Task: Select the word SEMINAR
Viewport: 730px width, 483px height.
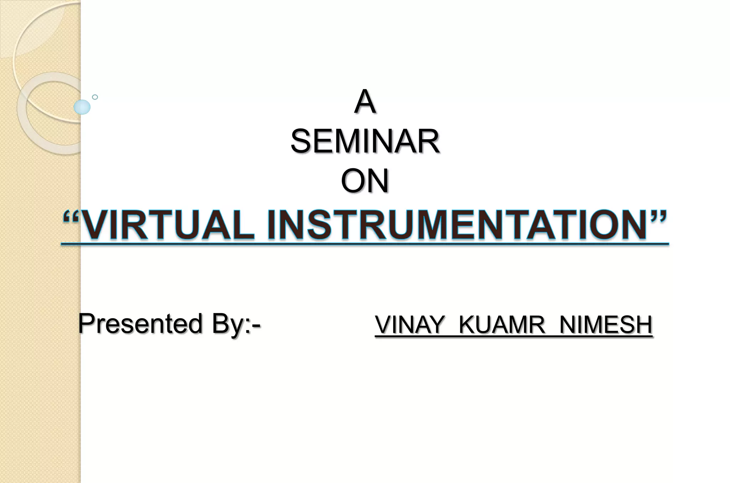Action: [365, 142]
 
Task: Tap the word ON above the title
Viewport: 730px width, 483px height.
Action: [365, 181]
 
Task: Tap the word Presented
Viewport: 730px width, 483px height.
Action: [140, 324]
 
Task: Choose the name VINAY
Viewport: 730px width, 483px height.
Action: [410, 325]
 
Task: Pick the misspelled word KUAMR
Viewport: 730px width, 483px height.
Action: [502, 325]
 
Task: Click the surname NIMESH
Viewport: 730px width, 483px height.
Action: [606, 325]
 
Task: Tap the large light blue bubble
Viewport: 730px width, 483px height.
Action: [82, 107]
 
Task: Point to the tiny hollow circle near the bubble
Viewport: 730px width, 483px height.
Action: [95, 97]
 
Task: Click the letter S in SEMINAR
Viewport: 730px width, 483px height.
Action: [301, 142]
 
